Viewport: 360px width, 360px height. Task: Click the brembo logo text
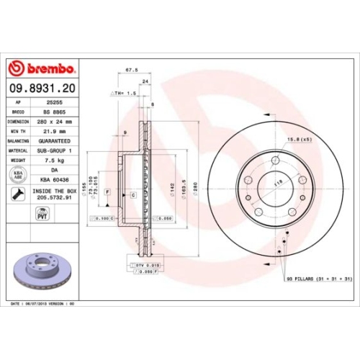[x=48, y=69]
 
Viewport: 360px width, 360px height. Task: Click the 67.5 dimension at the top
[x=132, y=71]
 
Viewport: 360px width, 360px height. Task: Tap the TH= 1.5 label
[x=123, y=94]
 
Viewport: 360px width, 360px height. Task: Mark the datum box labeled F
[x=107, y=192]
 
